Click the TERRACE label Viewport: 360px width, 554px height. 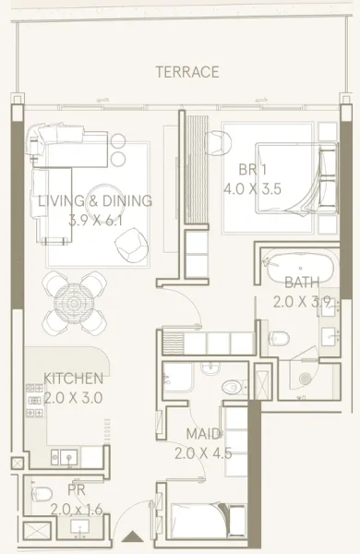pos(187,72)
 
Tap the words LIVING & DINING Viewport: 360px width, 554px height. pos(96,200)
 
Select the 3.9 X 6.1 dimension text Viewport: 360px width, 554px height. pos(96,220)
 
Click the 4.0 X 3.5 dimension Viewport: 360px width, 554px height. pos(252,188)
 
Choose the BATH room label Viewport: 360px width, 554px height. pos(303,283)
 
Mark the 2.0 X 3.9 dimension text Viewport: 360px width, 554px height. pos(302,301)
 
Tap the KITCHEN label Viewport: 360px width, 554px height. pos(74,379)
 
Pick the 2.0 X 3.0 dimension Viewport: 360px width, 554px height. pos(73,398)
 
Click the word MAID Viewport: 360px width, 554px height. pos(203,433)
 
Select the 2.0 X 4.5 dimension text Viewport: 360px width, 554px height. pos(203,452)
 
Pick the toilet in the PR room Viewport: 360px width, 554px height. pos(42,495)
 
